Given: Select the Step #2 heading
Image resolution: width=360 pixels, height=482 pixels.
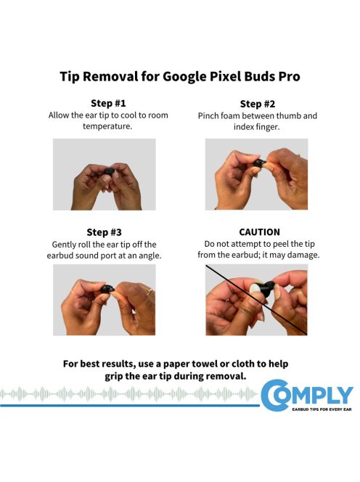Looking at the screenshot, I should point(257,103).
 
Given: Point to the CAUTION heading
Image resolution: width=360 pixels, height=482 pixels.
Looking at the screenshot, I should point(257,232).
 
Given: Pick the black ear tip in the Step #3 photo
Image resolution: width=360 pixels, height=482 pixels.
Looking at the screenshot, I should point(107,290).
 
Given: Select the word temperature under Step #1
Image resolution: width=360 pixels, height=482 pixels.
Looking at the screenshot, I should point(104,126).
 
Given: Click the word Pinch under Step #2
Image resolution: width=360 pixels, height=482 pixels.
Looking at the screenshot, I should point(210,115).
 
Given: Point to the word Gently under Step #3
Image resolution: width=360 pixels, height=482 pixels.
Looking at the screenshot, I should point(67,244).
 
